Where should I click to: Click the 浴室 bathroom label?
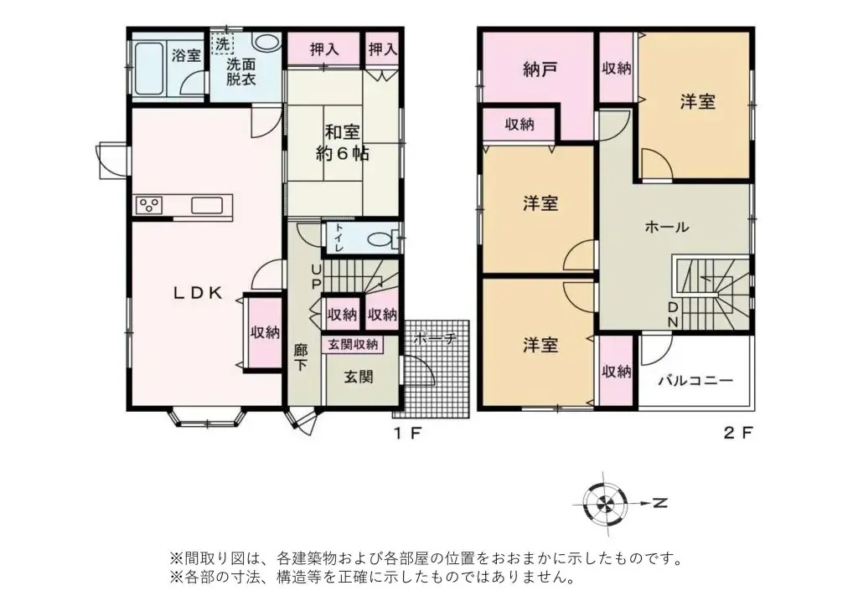click(x=186, y=56)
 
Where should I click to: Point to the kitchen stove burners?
click(x=150, y=206)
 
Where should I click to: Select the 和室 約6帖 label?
click(x=343, y=142)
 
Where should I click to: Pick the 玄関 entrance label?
click(x=358, y=377)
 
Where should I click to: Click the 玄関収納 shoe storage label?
click(x=352, y=344)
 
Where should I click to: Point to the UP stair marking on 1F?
click(x=316, y=276)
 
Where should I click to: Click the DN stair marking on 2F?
click(x=673, y=315)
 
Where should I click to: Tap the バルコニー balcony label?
click(x=695, y=380)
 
